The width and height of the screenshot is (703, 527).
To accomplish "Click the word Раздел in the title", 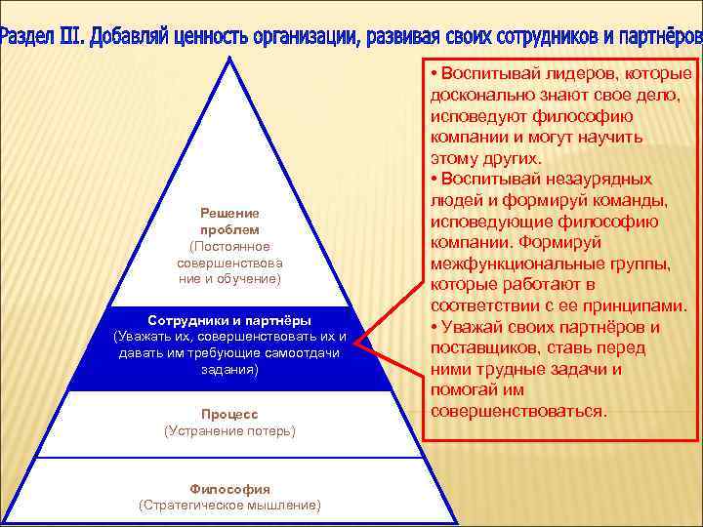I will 28,36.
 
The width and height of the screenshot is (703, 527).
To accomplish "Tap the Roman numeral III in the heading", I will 73,36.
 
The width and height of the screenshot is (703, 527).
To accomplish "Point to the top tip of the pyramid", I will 231,60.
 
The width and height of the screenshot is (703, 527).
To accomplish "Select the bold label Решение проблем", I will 229,221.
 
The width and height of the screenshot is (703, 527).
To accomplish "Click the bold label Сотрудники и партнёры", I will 229,320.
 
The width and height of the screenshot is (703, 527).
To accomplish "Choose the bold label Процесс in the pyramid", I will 229,414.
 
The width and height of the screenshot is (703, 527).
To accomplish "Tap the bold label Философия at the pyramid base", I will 229,489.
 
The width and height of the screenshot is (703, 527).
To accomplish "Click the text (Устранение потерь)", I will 229,430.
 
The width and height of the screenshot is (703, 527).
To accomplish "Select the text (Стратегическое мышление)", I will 229,505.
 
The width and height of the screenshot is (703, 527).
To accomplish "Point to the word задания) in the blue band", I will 229,370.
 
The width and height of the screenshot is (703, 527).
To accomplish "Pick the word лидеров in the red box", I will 575,74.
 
